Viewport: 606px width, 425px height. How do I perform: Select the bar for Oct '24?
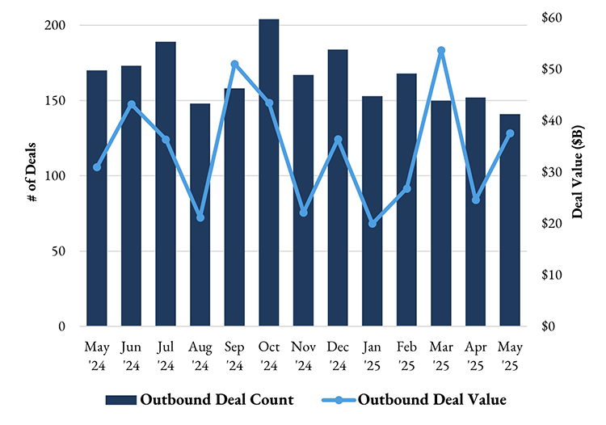pos(269,173)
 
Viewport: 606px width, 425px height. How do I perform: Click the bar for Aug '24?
pos(200,215)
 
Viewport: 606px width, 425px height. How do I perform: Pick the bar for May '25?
pos(510,220)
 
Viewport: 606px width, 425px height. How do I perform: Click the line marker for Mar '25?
pos(441,50)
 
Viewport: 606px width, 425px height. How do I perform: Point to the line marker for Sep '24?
pos(234,64)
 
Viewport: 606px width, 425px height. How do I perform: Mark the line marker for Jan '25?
pos(372,223)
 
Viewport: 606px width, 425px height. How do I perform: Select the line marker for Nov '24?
pos(304,212)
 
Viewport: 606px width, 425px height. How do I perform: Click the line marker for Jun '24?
pos(131,104)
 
